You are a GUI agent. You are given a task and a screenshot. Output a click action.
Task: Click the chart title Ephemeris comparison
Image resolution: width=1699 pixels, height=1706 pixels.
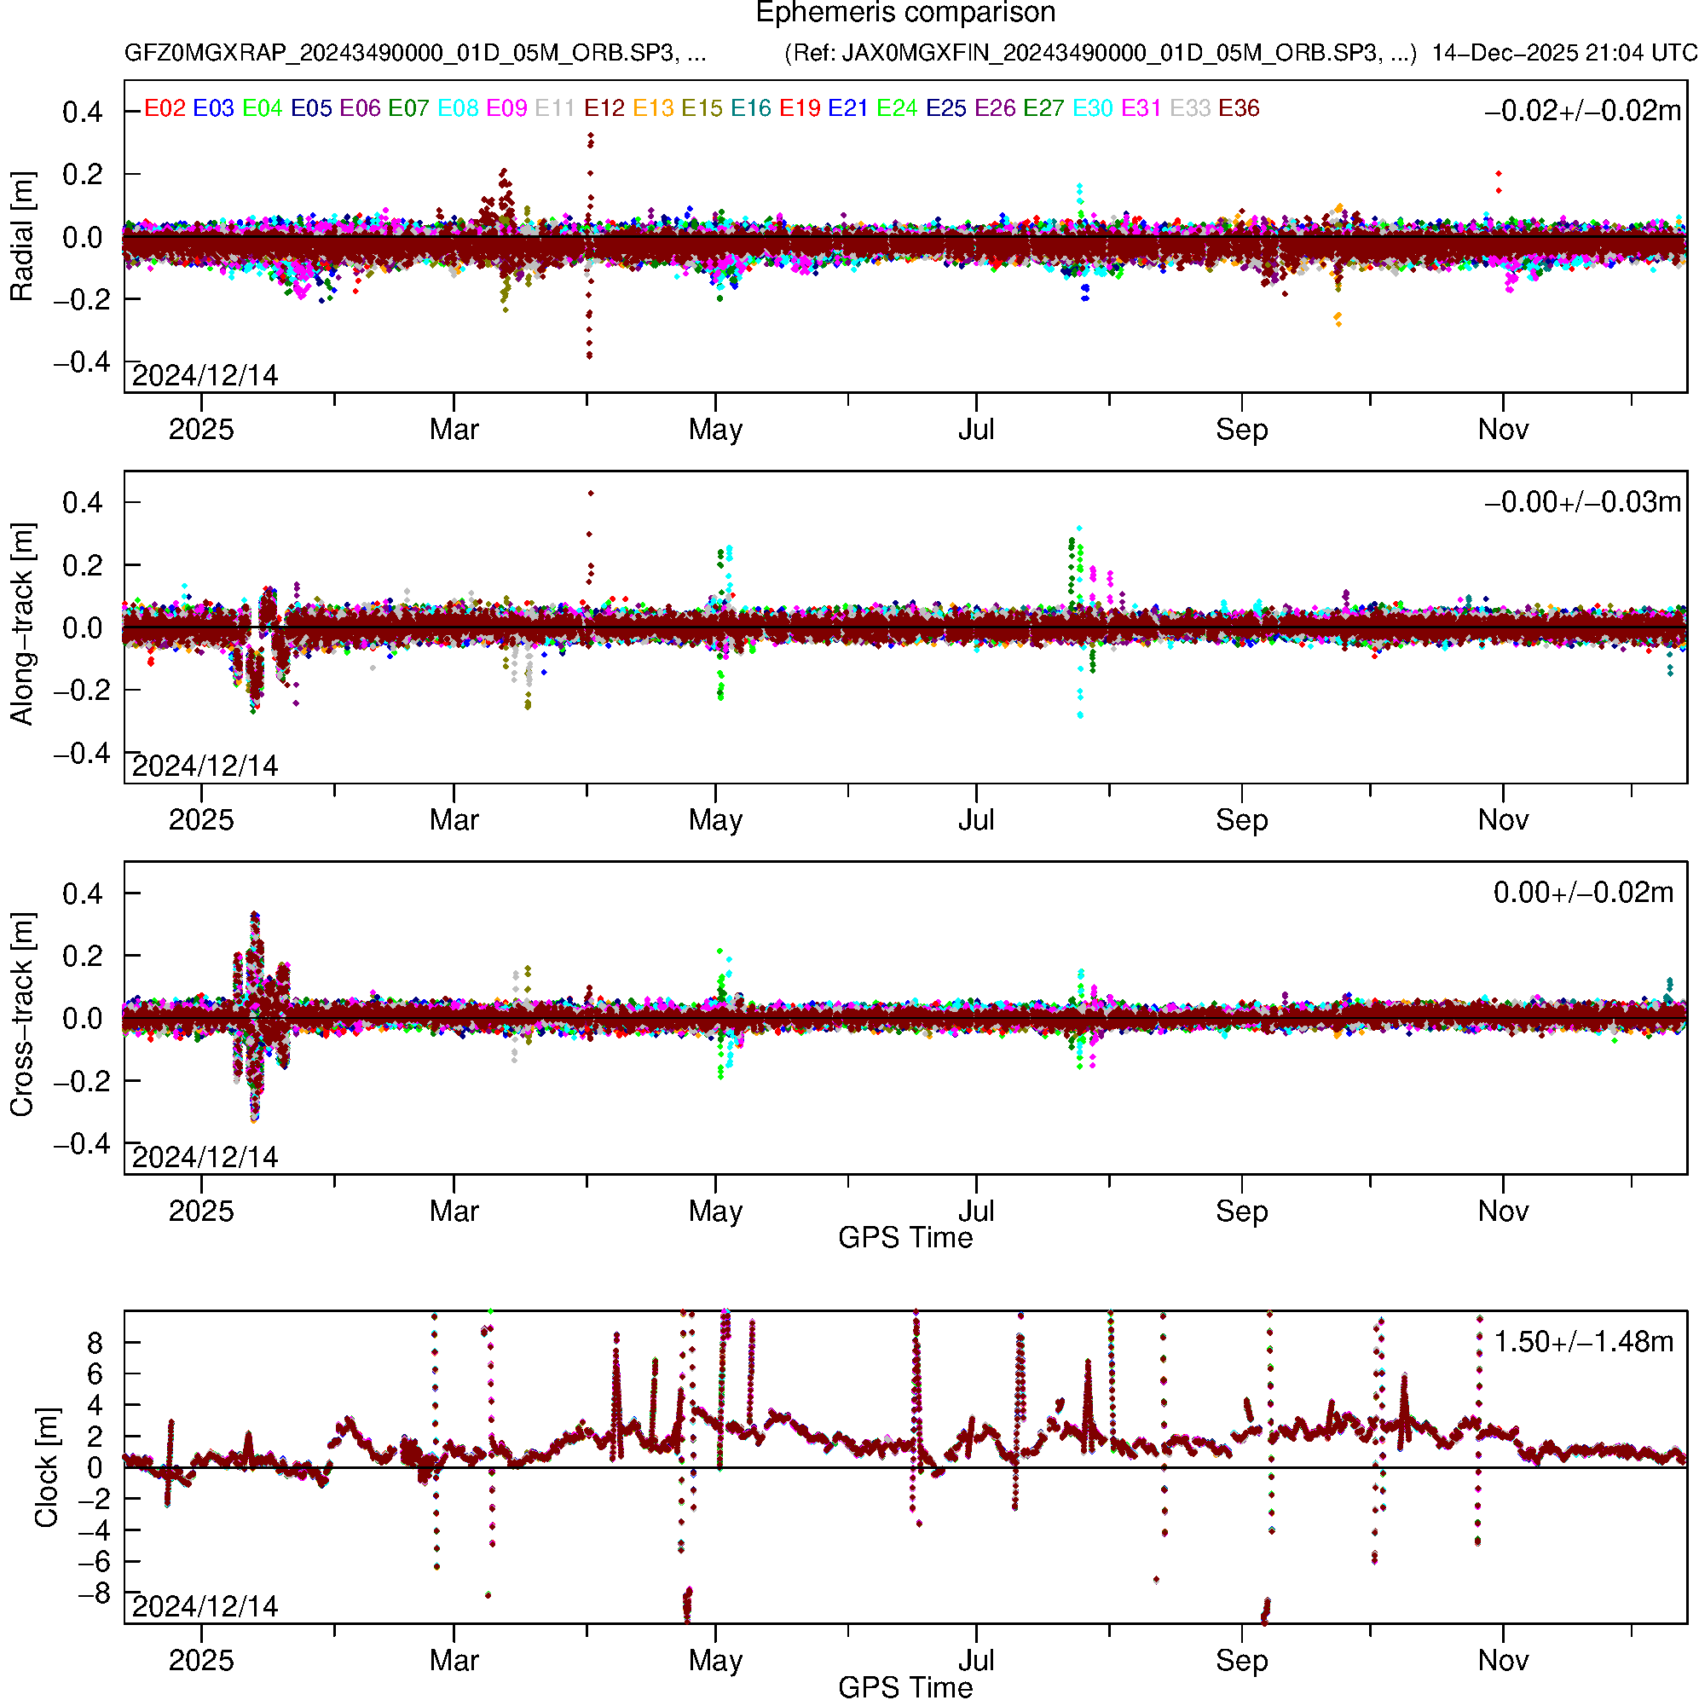pos(905,12)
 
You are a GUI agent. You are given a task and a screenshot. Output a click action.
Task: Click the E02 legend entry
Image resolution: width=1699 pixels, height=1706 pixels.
pos(165,108)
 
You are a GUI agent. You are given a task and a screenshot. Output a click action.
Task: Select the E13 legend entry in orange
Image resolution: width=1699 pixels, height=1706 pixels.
pos(653,108)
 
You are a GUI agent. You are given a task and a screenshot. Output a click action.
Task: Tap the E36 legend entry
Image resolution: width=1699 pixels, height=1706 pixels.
pos(1238,108)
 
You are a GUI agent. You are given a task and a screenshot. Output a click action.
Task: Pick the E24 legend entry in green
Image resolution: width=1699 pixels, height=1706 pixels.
pos(896,108)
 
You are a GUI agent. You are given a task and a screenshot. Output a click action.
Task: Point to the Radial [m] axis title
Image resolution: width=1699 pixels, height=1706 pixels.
pos(21,237)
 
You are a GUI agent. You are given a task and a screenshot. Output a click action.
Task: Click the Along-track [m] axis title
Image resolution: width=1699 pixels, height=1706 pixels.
pos(21,624)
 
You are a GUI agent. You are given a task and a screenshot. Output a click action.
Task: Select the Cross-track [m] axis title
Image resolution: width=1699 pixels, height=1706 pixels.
pos(21,1015)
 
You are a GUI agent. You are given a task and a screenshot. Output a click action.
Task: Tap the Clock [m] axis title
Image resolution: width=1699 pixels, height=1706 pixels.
pos(46,1467)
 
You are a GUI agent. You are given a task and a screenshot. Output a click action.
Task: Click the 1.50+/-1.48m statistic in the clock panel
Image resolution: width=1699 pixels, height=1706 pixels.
pos(1582,1342)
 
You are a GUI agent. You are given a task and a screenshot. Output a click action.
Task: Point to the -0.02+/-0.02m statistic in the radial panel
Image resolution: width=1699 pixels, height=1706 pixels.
pos(1582,111)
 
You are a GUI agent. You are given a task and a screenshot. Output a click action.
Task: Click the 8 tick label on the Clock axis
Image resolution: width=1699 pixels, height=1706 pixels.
pos(95,1343)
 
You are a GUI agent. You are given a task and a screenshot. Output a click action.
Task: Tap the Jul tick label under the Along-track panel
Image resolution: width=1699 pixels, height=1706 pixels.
pos(976,820)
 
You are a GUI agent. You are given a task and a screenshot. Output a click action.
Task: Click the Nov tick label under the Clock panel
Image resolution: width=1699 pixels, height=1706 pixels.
pos(1503,1661)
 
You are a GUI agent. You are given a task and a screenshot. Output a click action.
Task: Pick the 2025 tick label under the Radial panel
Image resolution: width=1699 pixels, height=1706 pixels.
pos(201,430)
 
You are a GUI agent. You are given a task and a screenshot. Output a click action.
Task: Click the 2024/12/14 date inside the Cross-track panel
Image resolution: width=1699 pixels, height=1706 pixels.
pos(205,1157)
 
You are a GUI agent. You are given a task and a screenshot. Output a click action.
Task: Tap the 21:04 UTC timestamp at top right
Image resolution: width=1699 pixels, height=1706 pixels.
pos(1641,53)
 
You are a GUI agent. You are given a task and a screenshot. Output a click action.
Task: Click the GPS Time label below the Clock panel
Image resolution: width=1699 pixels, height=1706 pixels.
pos(905,1688)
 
